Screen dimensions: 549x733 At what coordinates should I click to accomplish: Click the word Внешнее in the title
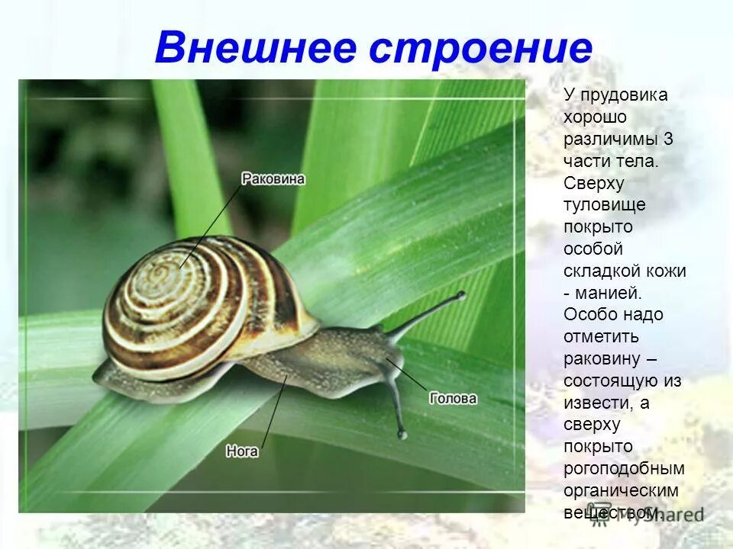[x=256, y=48]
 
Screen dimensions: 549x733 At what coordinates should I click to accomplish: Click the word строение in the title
[x=481, y=48]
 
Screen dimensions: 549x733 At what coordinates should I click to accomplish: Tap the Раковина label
[x=273, y=179]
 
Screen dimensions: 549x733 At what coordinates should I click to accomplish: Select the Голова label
[x=453, y=398]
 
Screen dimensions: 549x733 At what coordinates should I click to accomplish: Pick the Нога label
[x=242, y=451]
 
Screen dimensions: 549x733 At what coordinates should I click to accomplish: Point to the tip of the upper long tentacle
[x=460, y=294]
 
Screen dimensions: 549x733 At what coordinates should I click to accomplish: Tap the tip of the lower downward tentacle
[x=402, y=435]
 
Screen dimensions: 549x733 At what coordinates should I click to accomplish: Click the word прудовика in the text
[x=624, y=95]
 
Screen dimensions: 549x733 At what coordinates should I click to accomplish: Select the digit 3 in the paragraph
[x=668, y=140]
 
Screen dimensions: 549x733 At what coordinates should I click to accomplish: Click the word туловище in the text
[x=604, y=205]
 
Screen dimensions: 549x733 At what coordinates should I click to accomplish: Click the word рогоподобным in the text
[x=624, y=468]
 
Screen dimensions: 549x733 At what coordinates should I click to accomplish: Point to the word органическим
[x=621, y=490]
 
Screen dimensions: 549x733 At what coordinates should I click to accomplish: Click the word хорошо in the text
[x=595, y=117]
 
